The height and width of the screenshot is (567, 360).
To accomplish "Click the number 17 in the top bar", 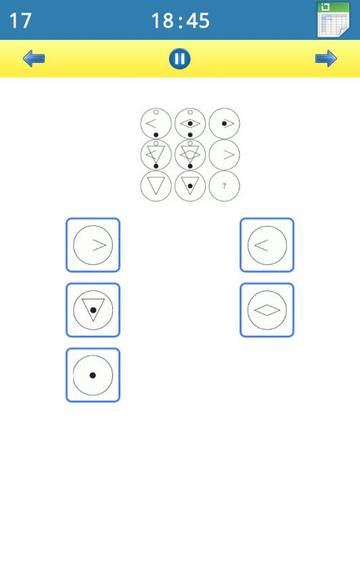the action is click(20, 20).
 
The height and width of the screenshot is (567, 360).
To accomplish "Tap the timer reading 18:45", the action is click(180, 20).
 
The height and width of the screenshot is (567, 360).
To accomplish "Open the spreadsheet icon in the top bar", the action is click(333, 20).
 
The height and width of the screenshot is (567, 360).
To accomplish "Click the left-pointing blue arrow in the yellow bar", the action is click(34, 59).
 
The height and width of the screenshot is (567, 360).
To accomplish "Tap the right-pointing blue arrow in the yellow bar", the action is click(326, 59).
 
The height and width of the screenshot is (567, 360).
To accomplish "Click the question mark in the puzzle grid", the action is click(224, 185).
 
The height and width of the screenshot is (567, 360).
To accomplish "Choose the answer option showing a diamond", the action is click(267, 310).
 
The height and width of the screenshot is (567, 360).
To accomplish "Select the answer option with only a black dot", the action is click(93, 375).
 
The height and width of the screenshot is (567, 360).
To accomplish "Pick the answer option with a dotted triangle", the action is click(93, 310).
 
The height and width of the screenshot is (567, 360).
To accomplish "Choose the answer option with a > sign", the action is click(93, 245).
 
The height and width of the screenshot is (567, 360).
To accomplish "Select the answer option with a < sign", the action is click(267, 245).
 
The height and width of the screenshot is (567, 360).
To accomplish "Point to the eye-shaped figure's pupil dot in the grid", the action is click(190, 124).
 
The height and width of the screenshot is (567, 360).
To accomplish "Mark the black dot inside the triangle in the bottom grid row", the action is click(190, 186).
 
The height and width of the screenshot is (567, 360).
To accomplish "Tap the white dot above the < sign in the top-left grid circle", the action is click(156, 112).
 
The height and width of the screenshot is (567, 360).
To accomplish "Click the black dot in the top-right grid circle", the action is click(224, 124).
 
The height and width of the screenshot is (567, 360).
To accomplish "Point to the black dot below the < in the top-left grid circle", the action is click(156, 135).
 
